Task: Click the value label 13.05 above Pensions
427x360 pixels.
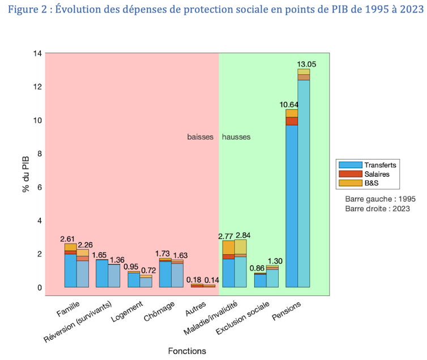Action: coord(306,64)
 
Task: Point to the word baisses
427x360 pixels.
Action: coord(199,137)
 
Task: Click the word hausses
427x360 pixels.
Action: coord(236,137)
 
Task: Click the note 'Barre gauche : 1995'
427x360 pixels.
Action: coord(377,199)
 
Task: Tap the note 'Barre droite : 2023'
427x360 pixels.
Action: coord(377,209)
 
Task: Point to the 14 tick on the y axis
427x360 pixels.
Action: coord(38,53)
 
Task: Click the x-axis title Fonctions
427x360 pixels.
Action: coord(187,351)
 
